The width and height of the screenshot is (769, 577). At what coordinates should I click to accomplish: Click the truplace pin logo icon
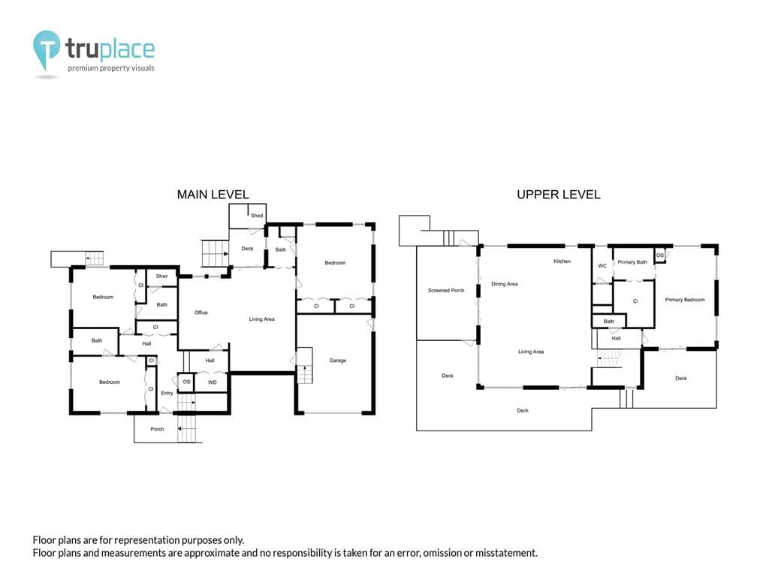pyautogui.click(x=47, y=50)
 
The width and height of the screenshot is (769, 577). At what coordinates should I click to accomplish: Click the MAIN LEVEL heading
pyautogui.click(x=213, y=195)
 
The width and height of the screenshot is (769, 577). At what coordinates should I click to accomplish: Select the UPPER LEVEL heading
pyautogui.click(x=558, y=195)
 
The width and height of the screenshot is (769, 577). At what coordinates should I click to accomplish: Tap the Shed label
pyautogui.click(x=257, y=216)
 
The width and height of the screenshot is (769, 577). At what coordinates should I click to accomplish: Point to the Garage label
pyautogui.click(x=337, y=361)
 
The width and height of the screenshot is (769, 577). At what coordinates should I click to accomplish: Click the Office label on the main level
pyautogui.click(x=201, y=313)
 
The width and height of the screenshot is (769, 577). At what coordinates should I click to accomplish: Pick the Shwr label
pyautogui.click(x=162, y=276)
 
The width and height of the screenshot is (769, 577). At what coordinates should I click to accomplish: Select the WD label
pyautogui.click(x=213, y=382)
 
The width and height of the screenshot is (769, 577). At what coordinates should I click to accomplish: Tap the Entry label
pyautogui.click(x=167, y=393)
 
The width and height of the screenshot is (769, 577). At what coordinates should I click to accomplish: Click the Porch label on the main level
pyautogui.click(x=157, y=429)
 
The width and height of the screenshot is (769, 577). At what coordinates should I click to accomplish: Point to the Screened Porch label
pyautogui.click(x=446, y=291)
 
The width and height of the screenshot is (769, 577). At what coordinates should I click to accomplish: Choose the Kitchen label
pyautogui.click(x=562, y=261)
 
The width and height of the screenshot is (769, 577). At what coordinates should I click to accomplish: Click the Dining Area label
pyautogui.click(x=504, y=284)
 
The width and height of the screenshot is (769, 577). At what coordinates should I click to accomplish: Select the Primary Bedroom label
pyautogui.click(x=685, y=300)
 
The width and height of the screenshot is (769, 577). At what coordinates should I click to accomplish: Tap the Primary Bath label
pyautogui.click(x=632, y=262)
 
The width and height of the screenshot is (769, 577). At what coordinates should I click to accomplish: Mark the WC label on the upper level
pyautogui.click(x=602, y=266)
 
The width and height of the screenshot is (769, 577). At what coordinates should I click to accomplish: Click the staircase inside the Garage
pyautogui.click(x=305, y=366)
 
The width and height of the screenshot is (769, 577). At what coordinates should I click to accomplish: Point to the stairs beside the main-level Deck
pyautogui.click(x=216, y=254)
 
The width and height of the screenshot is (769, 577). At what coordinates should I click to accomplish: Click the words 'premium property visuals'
pyautogui.click(x=111, y=68)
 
